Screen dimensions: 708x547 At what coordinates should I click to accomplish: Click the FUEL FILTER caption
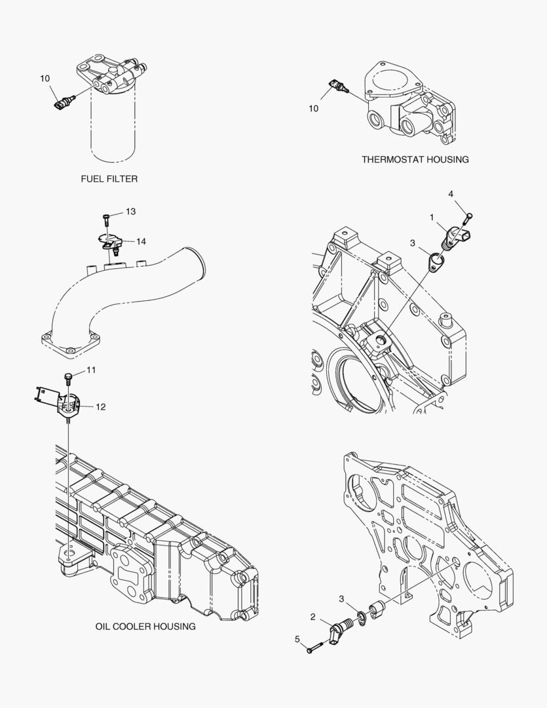(109, 178)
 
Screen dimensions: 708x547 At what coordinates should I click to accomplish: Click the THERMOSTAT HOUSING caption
(415, 159)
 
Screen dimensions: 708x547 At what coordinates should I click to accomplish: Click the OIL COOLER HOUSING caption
(145, 626)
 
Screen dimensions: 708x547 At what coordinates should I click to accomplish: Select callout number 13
(130, 211)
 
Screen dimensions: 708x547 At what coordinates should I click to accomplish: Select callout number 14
(141, 241)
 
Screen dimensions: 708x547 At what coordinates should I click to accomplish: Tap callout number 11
(90, 370)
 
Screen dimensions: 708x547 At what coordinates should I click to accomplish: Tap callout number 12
(100, 406)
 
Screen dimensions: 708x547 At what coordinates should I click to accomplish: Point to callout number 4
(451, 194)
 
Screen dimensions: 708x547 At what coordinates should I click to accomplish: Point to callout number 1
(432, 216)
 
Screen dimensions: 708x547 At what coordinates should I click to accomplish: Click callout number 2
(312, 617)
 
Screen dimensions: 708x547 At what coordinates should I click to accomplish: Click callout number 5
(297, 639)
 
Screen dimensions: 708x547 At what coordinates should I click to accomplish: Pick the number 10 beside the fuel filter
(45, 79)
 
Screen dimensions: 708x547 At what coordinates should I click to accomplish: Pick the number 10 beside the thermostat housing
(313, 109)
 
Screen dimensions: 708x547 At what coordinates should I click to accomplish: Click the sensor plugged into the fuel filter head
(64, 101)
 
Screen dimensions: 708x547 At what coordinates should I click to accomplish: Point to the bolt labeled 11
(67, 376)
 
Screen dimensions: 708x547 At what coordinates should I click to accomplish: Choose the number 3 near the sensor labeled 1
(413, 243)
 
